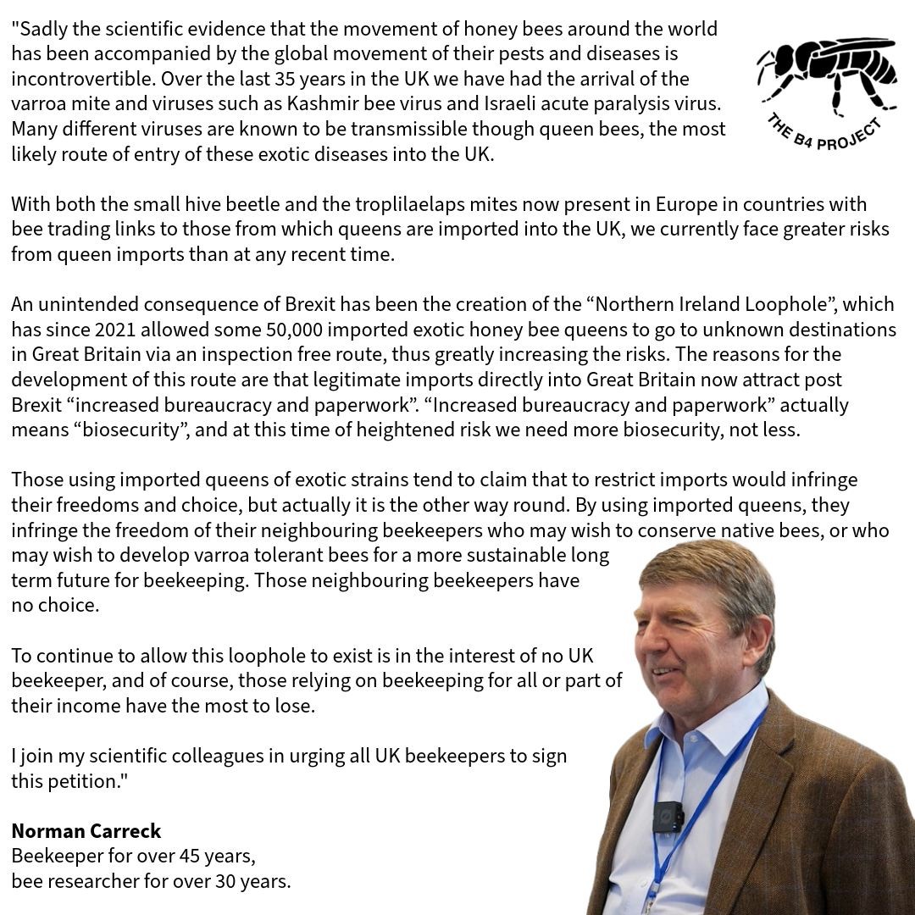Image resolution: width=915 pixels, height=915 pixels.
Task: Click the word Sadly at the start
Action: (x=43, y=29)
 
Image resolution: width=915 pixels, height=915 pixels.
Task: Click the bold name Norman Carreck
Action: (x=86, y=831)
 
